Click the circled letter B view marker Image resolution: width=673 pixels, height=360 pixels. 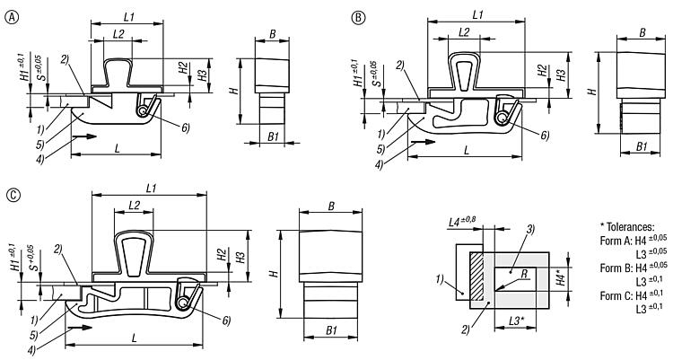coord(359,16)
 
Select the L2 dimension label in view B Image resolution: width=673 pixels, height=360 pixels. coord(464,32)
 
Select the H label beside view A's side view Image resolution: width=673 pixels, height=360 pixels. coord(232,92)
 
